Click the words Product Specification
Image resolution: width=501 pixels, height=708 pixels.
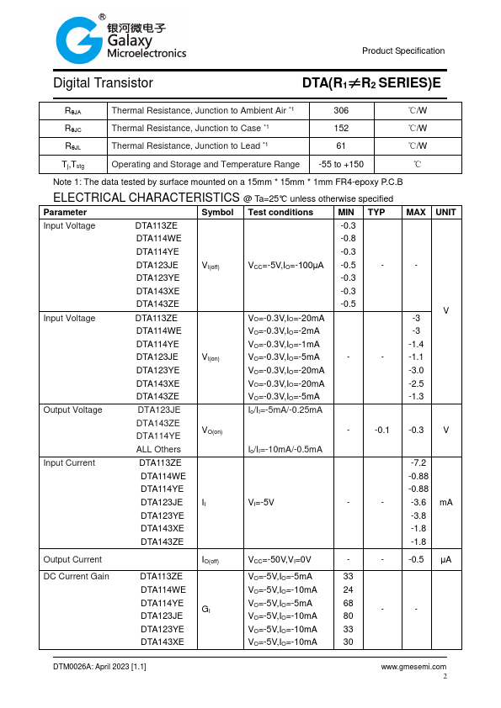click(x=403, y=51)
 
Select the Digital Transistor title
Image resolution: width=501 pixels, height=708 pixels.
click(x=103, y=83)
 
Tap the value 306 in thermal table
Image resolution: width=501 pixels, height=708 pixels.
click(x=341, y=111)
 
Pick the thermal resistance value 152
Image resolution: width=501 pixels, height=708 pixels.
click(x=341, y=129)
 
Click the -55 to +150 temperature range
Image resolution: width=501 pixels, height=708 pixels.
click(x=341, y=165)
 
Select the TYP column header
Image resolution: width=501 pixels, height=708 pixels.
click(x=376, y=213)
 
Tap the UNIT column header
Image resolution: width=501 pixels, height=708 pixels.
click(x=445, y=213)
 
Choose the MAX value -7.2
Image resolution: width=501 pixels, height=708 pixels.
click(x=418, y=463)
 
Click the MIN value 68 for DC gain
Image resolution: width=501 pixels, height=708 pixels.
click(x=348, y=603)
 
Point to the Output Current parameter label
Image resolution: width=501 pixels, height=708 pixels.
click(x=72, y=560)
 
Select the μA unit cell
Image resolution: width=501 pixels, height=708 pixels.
click(x=445, y=560)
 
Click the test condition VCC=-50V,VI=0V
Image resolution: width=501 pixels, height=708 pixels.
click(x=280, y=560)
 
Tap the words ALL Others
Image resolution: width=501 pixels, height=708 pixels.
click(x=158, y=449)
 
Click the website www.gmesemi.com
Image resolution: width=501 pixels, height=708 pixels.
click(x=413, y=667)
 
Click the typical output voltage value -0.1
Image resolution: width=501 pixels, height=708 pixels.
click(x=382, y=430)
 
